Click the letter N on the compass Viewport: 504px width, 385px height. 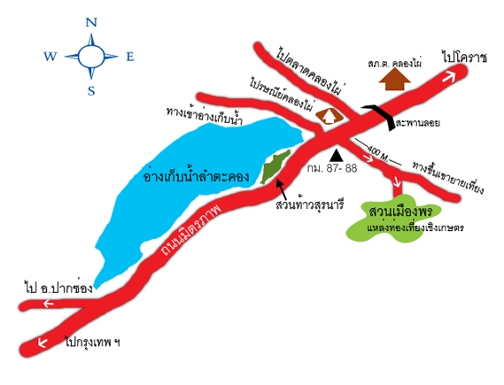[x=91, y=22]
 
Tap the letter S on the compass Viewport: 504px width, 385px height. [x=91, y=91]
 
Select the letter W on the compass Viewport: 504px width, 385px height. [x=50, y=57]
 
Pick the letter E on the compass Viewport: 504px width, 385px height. [x=130, y=57]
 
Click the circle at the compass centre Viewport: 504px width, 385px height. [x=91, y=57]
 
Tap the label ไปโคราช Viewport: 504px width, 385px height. [x=464, y=58]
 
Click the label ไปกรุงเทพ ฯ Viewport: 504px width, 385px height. [x=92, y=343]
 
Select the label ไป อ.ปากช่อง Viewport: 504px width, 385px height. [x=58, y=288]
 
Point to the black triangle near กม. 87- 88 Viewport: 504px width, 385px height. [x=337, y=155]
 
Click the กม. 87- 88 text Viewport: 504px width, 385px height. [x=332, y=168]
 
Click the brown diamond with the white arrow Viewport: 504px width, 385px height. [x=330, y=116]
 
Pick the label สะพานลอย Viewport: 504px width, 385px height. [x=417, y=123]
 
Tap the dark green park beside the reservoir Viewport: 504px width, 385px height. [x=275, y=167]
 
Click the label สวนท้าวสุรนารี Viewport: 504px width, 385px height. [x=310, y=204]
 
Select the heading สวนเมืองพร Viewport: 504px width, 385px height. [x=401, y=212]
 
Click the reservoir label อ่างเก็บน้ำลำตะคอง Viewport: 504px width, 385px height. [x=197, y=177]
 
